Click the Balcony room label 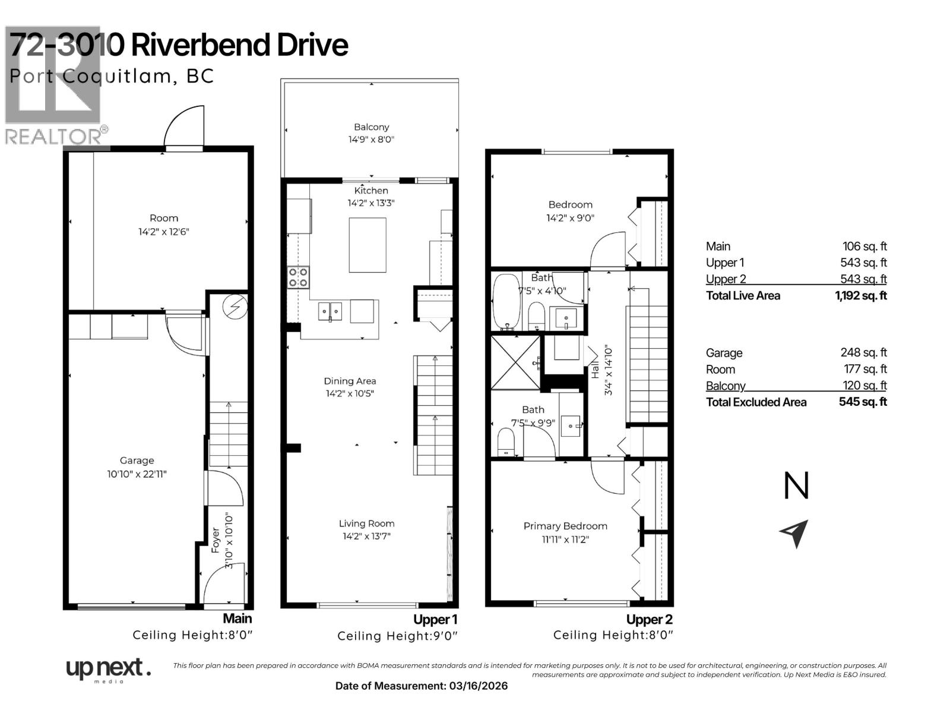click(371, 127)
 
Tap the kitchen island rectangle click(368, 245)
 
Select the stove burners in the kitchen click(299, 277)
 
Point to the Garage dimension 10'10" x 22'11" click(137, 474)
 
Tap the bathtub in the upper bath click(506, 301)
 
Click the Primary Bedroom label click(565, 526)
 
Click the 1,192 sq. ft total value click(860, 296)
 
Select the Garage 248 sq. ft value click(863, 352)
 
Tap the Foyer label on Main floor click(216, 541)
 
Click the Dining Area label click(350, 381)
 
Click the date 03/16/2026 click(477, 686)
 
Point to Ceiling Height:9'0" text click(397, 636)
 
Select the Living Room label click(366, 523)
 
